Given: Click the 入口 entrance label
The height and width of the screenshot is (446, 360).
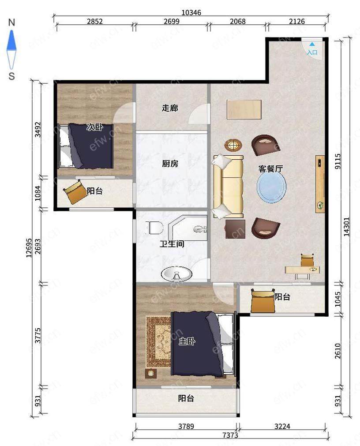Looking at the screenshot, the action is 312,52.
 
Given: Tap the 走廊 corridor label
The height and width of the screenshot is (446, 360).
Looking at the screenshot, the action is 170,108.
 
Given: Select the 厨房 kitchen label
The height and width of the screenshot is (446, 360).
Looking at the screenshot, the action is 170,164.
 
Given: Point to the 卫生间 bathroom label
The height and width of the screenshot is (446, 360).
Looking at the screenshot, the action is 172,244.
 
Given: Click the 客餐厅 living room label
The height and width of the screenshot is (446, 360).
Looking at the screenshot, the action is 270,169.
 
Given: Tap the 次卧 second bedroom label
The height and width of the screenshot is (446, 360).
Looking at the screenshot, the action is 95,127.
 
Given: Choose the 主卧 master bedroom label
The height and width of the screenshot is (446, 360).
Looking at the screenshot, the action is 187,341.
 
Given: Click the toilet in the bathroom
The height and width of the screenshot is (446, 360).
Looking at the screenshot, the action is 154,228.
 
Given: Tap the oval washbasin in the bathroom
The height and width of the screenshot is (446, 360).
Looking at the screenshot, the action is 176,274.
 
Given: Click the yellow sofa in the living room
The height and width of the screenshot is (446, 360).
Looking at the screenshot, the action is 228,187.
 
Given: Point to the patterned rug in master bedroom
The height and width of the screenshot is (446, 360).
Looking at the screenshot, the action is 159,342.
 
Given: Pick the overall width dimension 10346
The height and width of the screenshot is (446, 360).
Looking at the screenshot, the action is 191,12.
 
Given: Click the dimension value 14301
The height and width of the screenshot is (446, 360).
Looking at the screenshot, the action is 347,227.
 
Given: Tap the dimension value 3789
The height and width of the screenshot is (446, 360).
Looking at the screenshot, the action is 186,426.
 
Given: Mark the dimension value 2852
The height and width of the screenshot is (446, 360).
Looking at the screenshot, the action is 95,21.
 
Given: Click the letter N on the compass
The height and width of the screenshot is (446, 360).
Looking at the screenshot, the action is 11,22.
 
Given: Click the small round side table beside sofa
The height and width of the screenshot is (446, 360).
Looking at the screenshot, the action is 233,146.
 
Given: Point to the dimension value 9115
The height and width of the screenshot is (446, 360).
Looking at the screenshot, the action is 338,161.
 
